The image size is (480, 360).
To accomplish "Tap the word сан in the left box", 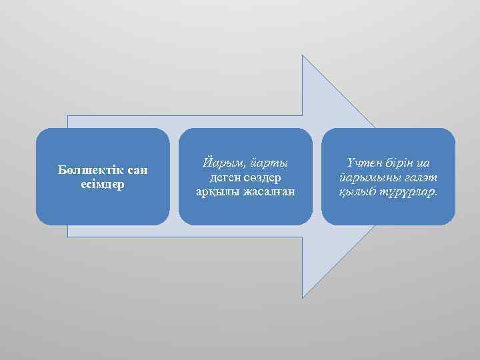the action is pyautogui.click(x=137, y=171).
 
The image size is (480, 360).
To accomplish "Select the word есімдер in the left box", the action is pyautogui.click(x=102, y=184).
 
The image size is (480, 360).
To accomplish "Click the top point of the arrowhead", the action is pyautogui.click(x=303, y=55).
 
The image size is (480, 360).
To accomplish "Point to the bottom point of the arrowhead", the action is pyautogui.click(x=303, y=297).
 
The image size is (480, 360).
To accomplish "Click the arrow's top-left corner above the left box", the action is pyautogui.click(x=68, y=116).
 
